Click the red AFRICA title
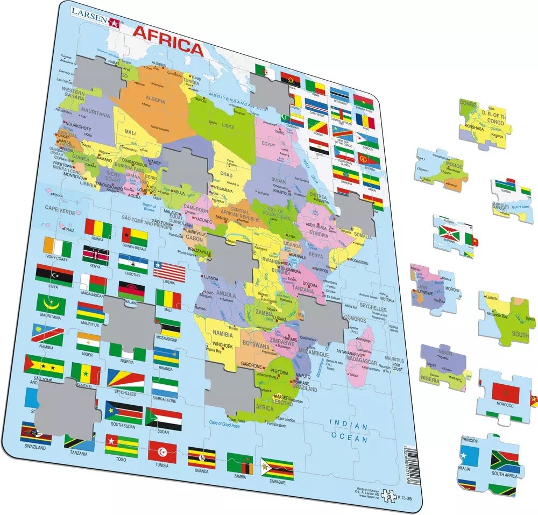(168, 47)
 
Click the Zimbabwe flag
(277, 468)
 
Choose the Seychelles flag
(125, 380)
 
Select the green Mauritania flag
(51, 304)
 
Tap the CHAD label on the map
(226, 175)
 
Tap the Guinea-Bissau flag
(134, 236)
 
